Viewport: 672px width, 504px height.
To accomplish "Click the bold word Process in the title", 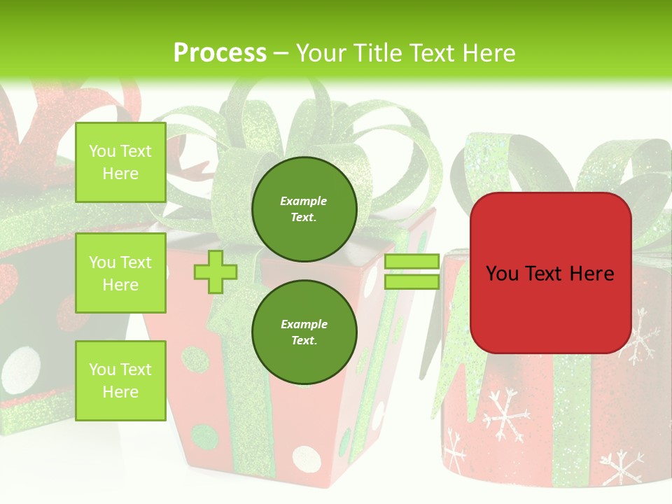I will point(220,53).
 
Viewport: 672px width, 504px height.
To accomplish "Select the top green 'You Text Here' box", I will point(120,162).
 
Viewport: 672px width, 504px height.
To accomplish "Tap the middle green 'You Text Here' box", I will point(120,273).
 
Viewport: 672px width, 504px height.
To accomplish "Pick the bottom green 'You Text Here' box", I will point(120,380).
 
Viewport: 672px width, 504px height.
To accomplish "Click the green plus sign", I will point(216,272).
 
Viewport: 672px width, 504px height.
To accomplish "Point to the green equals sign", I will point(412,272).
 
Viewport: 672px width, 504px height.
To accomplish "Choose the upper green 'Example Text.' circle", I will point(304,209).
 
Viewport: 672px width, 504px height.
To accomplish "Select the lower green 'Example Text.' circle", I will point(304,332).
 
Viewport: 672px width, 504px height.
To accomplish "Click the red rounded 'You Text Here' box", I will point(551,273).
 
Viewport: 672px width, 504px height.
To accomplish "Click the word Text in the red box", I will point(551,274).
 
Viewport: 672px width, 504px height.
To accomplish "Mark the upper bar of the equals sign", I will point(412,262).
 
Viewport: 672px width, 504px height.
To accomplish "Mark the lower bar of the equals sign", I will point(412,281).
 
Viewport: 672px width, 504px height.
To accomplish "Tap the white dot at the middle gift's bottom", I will point(304,456).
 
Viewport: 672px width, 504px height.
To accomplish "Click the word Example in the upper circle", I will point(304,201).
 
